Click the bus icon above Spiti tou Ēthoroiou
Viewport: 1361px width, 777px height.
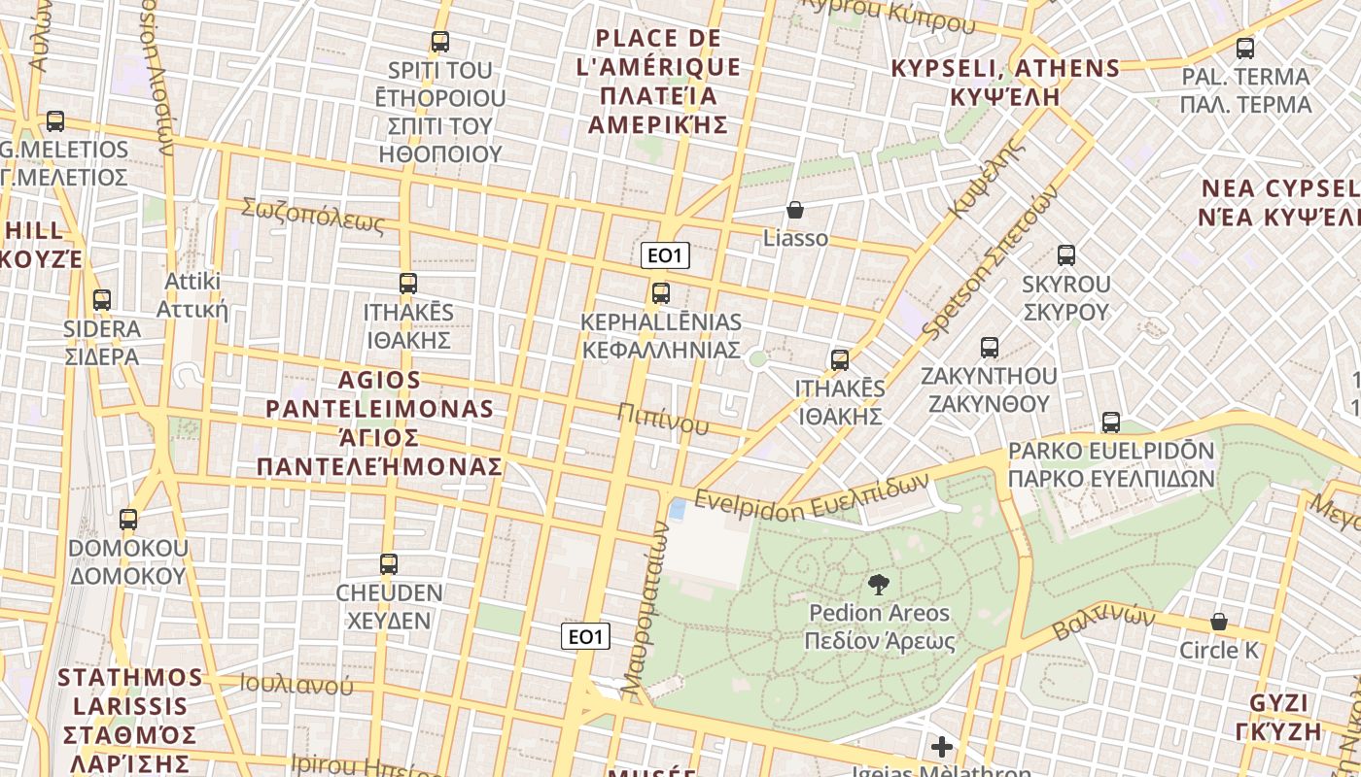pos(440,42)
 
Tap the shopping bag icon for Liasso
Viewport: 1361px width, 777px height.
pos(795,210)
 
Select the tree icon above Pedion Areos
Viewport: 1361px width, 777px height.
pos(879,585)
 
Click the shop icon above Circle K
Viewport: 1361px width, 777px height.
pos(1219,622)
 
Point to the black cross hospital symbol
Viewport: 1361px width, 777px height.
pos(941,747)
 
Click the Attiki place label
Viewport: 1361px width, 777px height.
pos(193,295)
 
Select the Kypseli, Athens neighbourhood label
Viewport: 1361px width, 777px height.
pos(1005,83)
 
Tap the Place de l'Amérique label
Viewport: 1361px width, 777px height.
pos(667,82)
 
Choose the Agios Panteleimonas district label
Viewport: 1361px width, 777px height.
pos(380,423)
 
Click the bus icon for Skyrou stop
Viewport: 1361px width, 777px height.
pos(1066,255)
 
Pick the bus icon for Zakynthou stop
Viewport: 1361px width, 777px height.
pos(990,348)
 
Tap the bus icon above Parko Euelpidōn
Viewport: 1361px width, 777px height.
pos(1111,422)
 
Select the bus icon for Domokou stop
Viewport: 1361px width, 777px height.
pos(128,520)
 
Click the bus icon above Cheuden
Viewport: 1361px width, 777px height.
pos(389,564)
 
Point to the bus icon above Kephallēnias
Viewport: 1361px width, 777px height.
pos(661,292)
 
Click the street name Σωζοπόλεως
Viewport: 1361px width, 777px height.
pos(313,216)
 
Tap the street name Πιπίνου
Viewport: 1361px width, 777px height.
pos(662,418)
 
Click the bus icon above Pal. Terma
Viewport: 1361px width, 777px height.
pos(1245,48)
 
